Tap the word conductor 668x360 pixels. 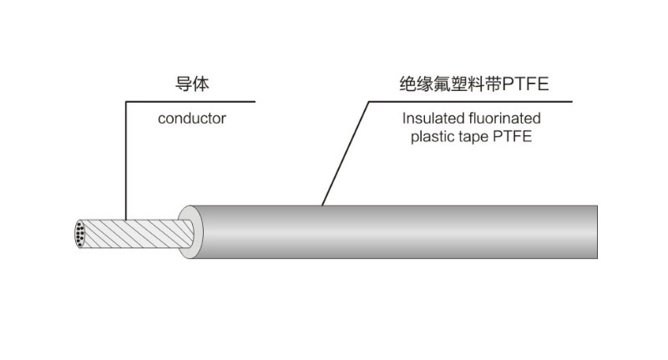192,119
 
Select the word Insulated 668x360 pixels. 430,119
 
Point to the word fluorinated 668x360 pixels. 500,119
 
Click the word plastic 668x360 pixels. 430,138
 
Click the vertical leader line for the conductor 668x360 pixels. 125,159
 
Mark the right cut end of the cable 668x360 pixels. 597,232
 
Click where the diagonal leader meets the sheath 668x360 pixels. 322,205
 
